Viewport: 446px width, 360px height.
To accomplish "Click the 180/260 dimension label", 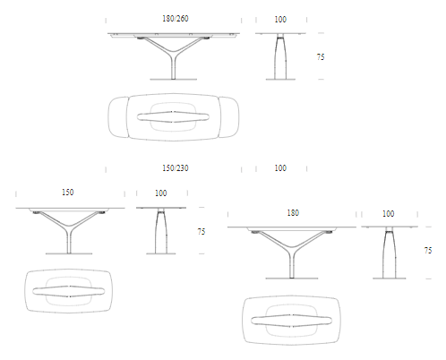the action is (176, 19).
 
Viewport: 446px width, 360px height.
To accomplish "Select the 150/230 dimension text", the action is (176, 168).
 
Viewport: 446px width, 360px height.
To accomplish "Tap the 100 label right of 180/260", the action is (280, 20).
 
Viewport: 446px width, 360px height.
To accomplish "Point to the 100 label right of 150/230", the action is (280, 168).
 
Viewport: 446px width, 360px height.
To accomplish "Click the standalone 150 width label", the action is (68, 193).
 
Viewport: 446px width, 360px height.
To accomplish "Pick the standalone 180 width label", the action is (293, 213).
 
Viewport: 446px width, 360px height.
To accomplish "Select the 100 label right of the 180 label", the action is (389, 214).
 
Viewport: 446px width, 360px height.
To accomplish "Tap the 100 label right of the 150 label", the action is (161, 193).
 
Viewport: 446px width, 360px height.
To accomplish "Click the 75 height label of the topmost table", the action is (321, 57).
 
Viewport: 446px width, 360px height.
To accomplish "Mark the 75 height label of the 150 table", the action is (202, 232).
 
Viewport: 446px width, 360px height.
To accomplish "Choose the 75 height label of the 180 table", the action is (428, 251).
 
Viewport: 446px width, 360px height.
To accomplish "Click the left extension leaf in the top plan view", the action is (118, 117).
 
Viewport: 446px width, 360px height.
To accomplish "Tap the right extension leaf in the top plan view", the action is (229, 117).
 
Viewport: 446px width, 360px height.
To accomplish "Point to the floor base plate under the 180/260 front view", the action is (174, 80).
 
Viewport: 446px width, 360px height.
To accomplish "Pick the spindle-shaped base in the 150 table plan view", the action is (69, 291).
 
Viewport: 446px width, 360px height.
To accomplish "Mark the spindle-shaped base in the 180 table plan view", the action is (291, 321).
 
